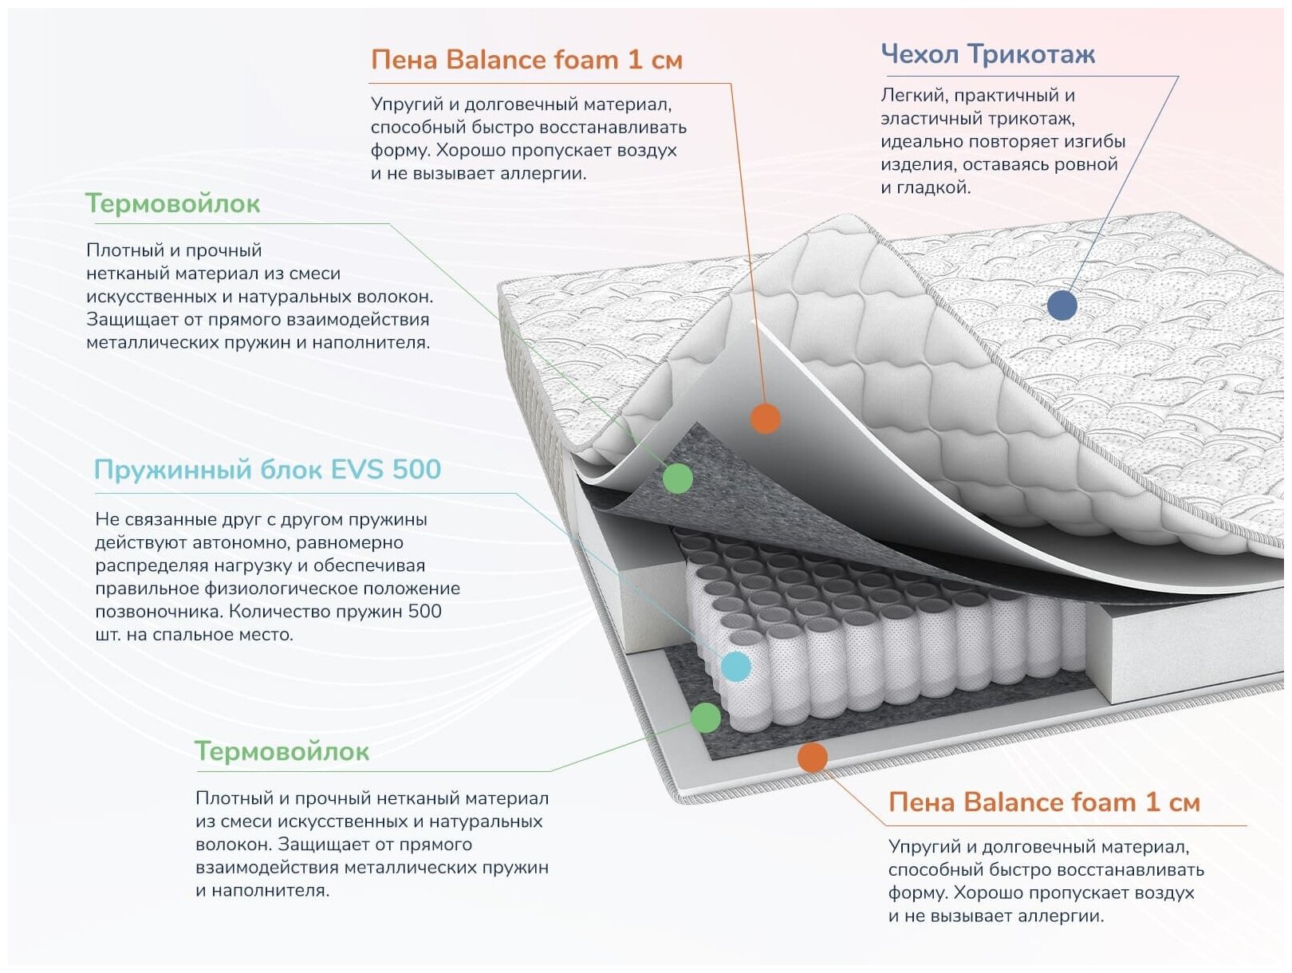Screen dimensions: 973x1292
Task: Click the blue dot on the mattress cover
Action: pyautogui.click(x=1062, y=305)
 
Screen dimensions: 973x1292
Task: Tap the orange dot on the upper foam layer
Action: pyautogui.click(x=766, y=418)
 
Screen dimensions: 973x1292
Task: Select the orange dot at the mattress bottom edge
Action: pyautogui.click(x=812, y=758)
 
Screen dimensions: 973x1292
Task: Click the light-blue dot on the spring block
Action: pyautogui.click(x=735, y=666)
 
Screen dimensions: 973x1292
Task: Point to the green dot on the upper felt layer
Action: pyautogui.click(x=678, y=478)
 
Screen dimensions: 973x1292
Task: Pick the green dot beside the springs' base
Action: pyautogui.click(x=705, y=718)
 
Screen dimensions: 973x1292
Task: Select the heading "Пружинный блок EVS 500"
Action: pyautogui.click(x=267, y=470)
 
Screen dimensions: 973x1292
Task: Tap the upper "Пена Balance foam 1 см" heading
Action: pyautogui.click(x=526, y=60)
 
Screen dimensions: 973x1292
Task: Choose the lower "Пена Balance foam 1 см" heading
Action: pyautogui.click(x=1044, y=802)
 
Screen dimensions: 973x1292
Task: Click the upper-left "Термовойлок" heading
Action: pyautogui.click(x=172, y=204)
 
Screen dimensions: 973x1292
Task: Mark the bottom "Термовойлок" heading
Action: pyautogui.click(x=282, y=751)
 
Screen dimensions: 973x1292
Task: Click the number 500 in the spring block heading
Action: pyautogui.click(x=416, y=470)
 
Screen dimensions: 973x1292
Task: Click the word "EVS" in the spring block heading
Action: pyautogui.click(x=356, y=470)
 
